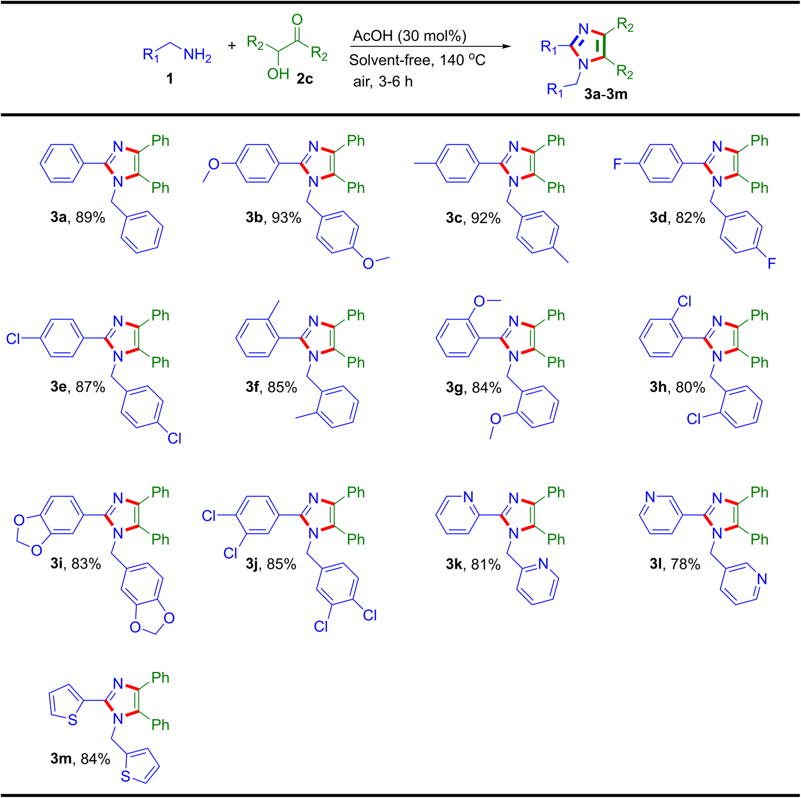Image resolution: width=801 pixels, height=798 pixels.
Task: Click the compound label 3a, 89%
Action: point(78,217)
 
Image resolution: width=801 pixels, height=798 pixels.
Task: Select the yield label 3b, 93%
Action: point(273,217)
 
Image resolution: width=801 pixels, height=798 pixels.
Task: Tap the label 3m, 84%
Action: point(80,758)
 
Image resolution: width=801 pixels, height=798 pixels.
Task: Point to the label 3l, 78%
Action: point(675,564)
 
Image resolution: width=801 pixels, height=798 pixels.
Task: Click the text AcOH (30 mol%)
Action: point(409,36)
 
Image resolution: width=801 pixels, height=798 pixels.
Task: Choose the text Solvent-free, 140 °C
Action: point(417,60)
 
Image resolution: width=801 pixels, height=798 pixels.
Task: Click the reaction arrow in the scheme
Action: point(430,47)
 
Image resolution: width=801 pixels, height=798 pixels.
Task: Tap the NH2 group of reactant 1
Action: point(197,55)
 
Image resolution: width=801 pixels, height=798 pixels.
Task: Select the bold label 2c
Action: point(304,78)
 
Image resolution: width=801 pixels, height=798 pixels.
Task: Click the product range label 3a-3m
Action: point(606,94)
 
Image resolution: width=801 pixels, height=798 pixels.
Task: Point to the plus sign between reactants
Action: point(232,46)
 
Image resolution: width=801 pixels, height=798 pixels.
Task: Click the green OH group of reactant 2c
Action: point(278,74)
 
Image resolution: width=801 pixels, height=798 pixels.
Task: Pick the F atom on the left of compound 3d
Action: point(618,164)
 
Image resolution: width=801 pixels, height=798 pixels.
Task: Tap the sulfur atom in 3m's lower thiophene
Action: point(125,777)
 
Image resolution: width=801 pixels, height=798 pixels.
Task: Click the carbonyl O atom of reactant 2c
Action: point(297,20)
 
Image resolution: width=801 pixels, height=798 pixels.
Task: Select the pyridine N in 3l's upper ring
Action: point(650,497)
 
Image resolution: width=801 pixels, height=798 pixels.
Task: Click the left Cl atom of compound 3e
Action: point(13,339)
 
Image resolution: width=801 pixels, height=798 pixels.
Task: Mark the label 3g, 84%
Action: point(473,387)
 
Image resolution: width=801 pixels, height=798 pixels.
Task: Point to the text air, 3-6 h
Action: point(382,82)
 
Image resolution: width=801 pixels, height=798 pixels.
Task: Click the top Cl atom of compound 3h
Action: point(684,301)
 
